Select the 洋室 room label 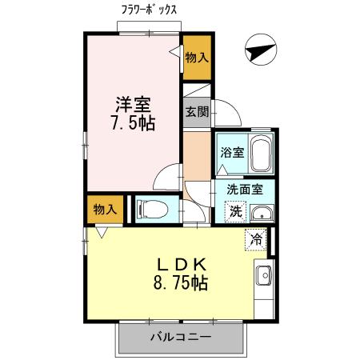tap(131, 103)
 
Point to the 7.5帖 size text tap(133, 123)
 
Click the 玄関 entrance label tap(197, 111)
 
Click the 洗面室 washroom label tap(244, 191)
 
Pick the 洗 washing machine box tap(235, 211)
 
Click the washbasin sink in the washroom tap(261, 214)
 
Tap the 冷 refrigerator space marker tap(256, 238)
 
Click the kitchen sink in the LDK tap(263, 276)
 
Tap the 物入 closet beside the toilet tap(105, 210)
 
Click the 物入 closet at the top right tap(197, 57)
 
